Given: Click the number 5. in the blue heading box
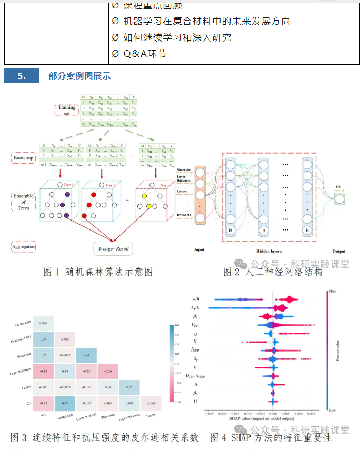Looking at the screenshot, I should pos(22,76).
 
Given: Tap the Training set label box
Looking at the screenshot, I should pos(67,110).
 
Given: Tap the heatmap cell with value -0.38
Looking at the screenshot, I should pos(44,371).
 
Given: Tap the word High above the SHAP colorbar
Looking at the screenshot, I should pos(332,291).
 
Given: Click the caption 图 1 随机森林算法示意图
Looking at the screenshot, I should pos(98,272).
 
